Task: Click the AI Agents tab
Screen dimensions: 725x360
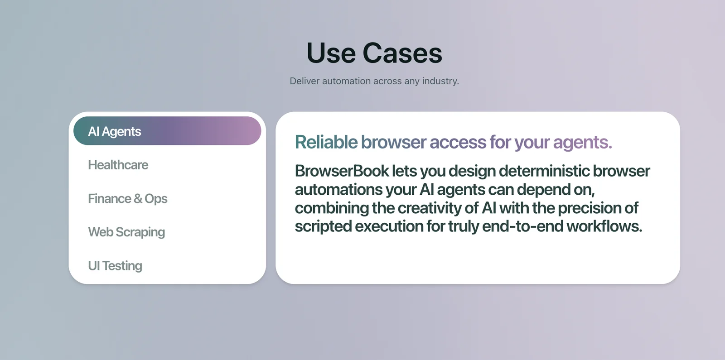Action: coord(167,131)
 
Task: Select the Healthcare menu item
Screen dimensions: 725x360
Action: coord(118,165)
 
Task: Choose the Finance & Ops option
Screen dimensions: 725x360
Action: coord(127,199)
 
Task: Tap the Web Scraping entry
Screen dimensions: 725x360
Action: coord(126,232)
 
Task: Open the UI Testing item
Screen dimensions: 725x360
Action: coord(115,266)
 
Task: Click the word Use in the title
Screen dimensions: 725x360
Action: coord(331,53)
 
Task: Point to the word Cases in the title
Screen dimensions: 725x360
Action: coord(402,53)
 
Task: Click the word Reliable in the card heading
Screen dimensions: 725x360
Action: coord(326,142)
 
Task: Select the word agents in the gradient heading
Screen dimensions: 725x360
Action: coord(582,143)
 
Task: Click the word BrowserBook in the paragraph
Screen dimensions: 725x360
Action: coord(342,171)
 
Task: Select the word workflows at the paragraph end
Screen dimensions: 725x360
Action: coord(604,226)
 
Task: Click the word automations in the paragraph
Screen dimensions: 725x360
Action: coord(338,190)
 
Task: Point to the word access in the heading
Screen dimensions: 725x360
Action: coord(458,142)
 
